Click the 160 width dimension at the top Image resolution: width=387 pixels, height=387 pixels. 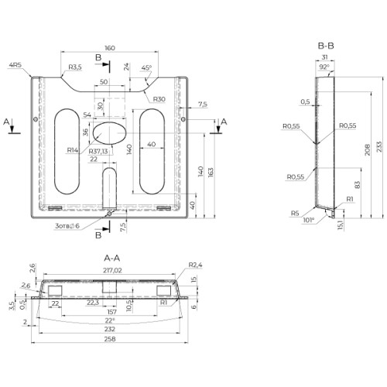tap(110, 48)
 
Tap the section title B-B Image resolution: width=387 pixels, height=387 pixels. tap(326, 46)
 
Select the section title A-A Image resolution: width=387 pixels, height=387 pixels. tap(112, 258)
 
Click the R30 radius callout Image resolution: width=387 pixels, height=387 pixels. tap(159, 99)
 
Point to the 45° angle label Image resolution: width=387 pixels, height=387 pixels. tap(146, 67)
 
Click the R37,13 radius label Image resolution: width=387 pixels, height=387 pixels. tap(98, 151)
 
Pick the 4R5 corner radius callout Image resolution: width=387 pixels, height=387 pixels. tap(15, 65)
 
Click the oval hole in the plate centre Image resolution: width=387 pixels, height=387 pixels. tap(110, 133)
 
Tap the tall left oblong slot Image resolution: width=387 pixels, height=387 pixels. tap(67, 152)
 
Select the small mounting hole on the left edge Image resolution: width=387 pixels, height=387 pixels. tap(36, 119)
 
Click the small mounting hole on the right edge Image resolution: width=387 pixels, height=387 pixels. tap(183, 119)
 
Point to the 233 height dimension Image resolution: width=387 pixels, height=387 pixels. tap(379, 146)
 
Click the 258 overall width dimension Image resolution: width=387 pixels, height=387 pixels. tap(110, 339)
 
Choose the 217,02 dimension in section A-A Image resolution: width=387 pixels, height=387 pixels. tap(112, 270)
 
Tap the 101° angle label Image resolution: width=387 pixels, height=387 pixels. tap(309, 220)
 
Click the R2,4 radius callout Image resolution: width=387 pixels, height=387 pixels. tap(195, 265)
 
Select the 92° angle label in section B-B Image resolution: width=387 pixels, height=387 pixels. tap(324, 67)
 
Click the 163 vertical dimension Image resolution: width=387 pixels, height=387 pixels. tap(211, 173)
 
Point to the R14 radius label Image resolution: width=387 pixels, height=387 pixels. tap(73, 150)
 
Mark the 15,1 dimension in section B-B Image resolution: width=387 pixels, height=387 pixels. tap(341, 224)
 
